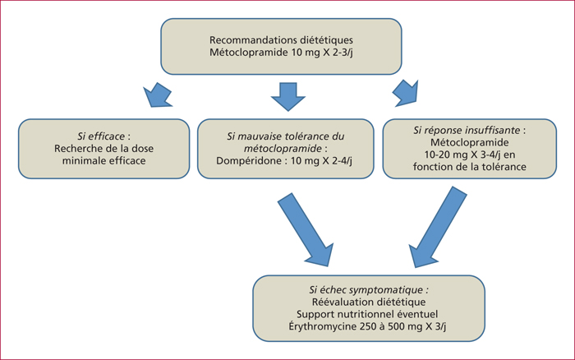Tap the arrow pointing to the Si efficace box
click(157, 95)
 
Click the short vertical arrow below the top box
click(288, 96)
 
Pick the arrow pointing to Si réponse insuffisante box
click(406, 93)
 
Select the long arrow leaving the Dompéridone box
click(306, 229)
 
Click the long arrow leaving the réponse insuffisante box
click(438, 227)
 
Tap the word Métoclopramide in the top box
click(249, 53)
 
